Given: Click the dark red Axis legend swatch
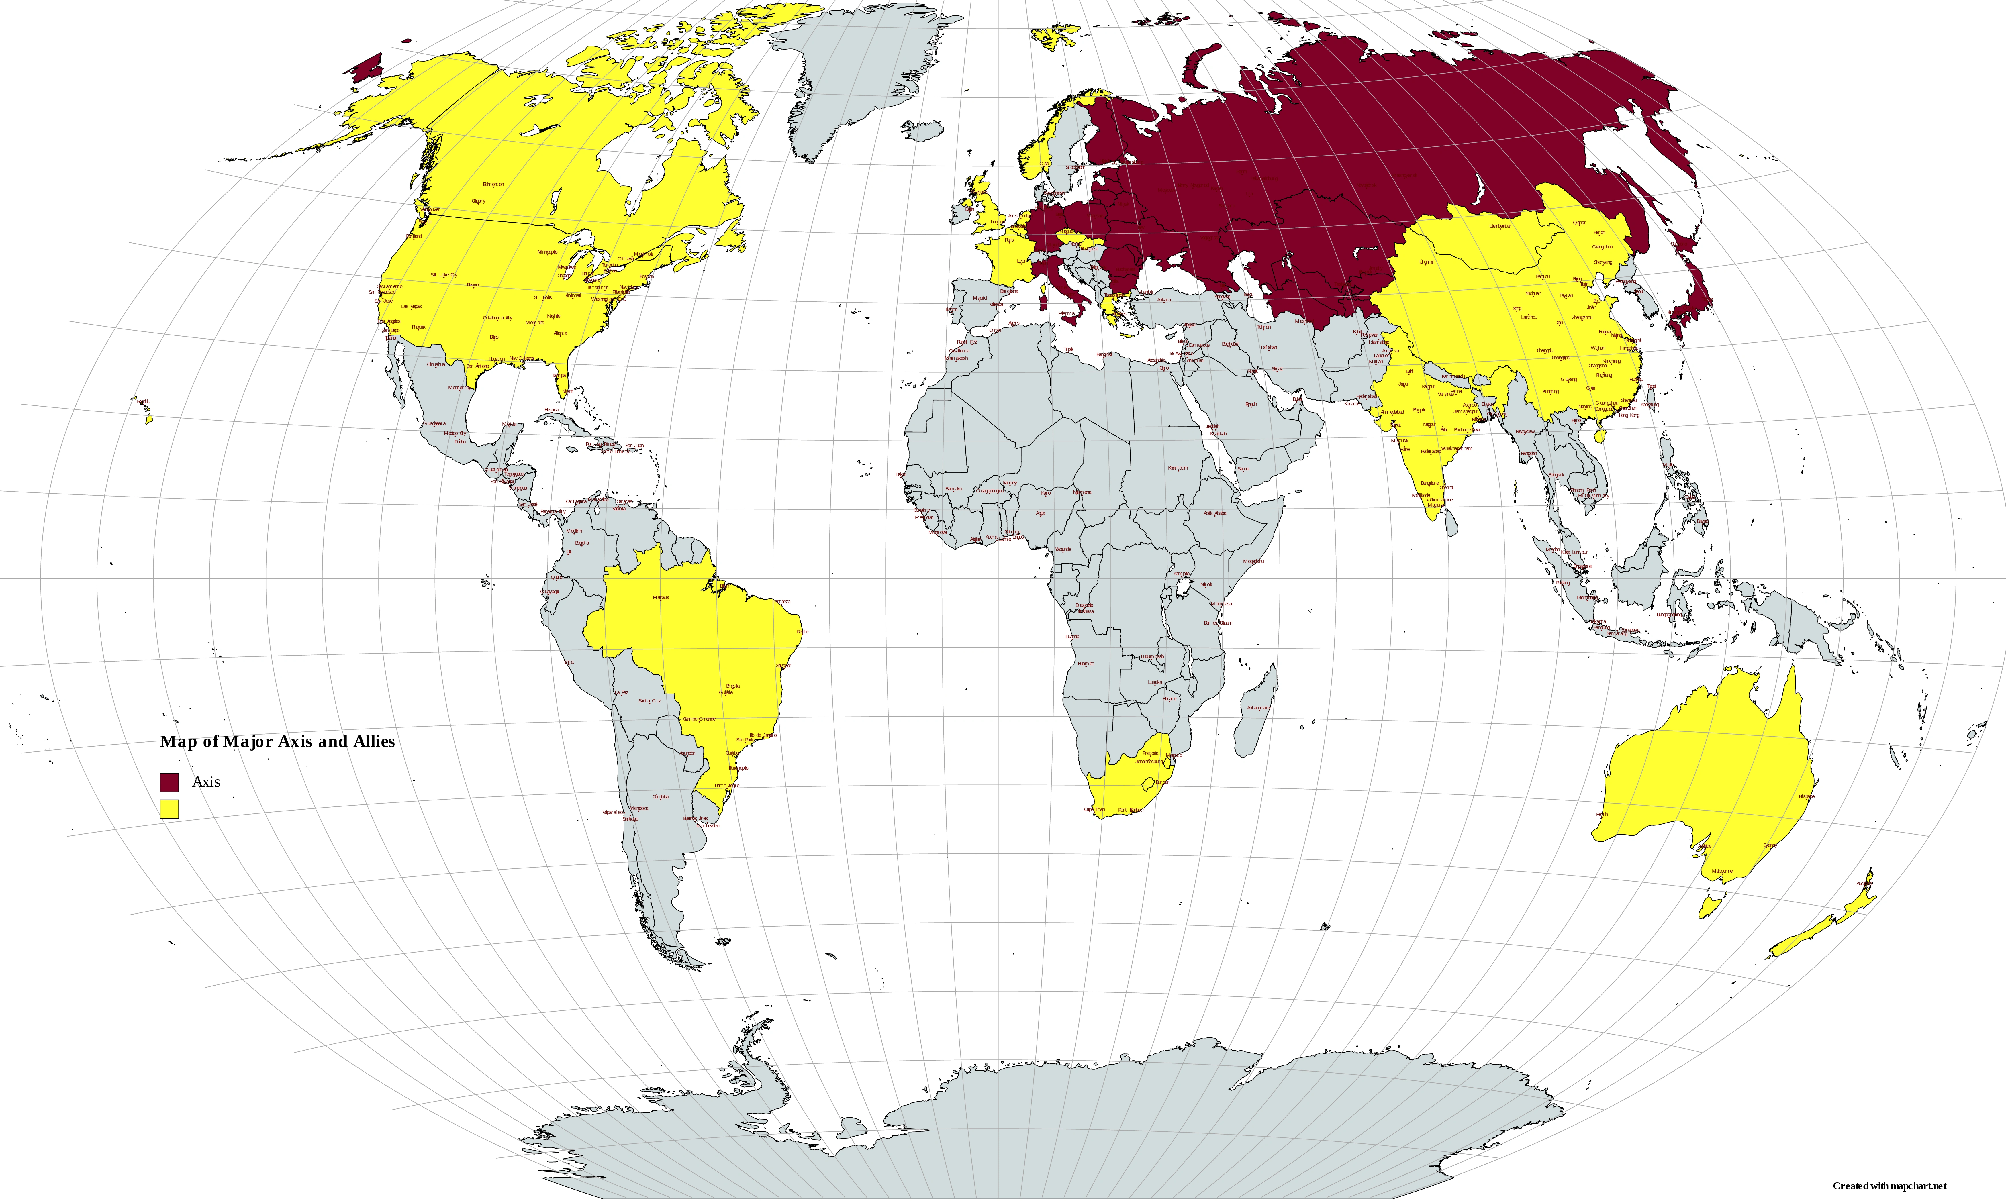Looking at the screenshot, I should [x=169, y=782].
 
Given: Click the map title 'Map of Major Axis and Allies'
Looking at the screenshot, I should [x=278, y=741].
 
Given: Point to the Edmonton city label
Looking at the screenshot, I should [x=493, y=185].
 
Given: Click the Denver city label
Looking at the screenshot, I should [x=474, y=285].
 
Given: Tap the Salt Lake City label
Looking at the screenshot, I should [x=444, y=275].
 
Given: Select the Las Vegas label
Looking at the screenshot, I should [x=411, y=307].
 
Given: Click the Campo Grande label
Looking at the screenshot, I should [x=700, y=719].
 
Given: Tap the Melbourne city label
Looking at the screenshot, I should [x=1723, y=872].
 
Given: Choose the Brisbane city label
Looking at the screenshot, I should [x=1806, y=796].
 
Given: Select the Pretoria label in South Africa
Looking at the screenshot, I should [x=1150, y=753].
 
